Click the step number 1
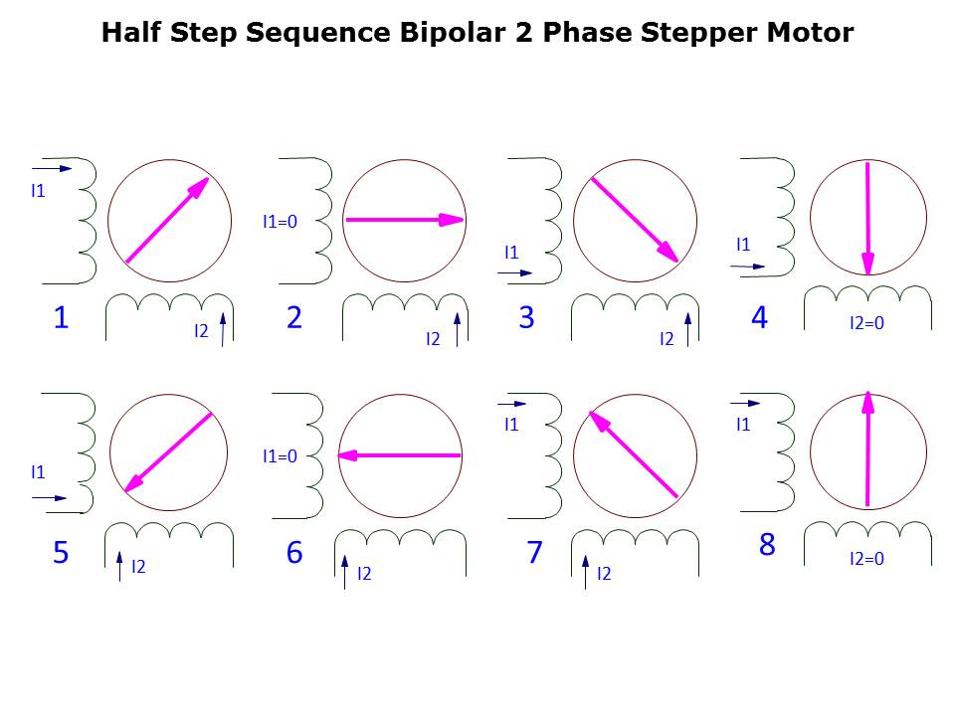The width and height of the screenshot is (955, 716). click(x=61, y=317)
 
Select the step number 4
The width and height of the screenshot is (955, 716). click(x=759, y=317)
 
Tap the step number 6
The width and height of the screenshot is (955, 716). click(x=294, y=552)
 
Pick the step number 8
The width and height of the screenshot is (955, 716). click(x=767, y=544)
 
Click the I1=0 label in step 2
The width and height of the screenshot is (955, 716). click(x=280, y=222)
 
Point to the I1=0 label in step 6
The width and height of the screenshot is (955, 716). click(x=280, y=456)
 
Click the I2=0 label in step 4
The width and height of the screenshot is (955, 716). click(x=866, y=322)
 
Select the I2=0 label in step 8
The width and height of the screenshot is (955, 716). click(x=866, y=558)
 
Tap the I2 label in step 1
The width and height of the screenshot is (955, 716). click(x=201, y=330)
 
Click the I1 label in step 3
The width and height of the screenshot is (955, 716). click(x=511, y=252)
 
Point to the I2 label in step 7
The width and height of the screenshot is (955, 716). click(x=604, y=574)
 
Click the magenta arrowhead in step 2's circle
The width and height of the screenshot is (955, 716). click(x=452, y=220)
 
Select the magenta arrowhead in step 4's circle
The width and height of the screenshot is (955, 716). click(x=867, y=264)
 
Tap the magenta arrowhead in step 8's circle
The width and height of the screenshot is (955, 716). click(x=868, y=403)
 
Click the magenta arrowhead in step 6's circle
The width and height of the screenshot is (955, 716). click(x=349, y=455)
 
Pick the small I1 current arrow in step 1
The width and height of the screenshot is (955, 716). click(x=52, y=169)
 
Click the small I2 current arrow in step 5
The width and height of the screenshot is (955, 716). click(x=119, y=566)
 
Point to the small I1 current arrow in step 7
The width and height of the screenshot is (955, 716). click(x=512, y=404)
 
